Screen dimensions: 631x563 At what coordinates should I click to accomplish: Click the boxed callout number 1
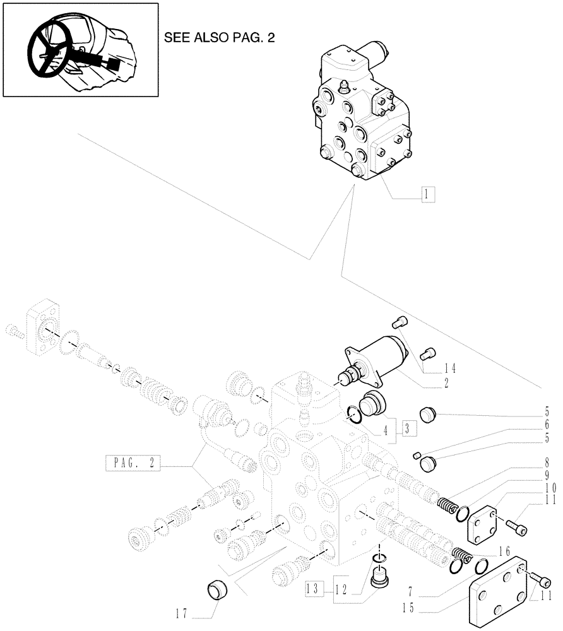pyautogui.click(x=427, y=195)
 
